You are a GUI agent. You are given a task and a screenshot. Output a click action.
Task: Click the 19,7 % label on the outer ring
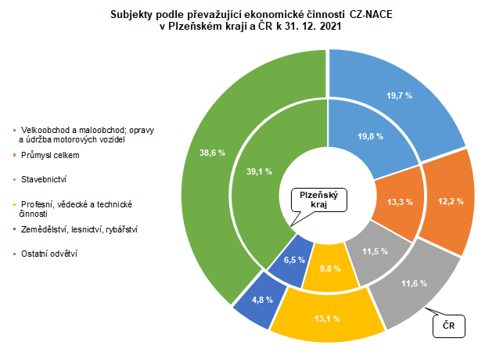point(399,95)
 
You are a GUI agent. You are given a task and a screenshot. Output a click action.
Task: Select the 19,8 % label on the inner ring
point(370,135)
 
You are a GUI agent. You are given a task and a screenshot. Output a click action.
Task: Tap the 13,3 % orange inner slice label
point(400,202)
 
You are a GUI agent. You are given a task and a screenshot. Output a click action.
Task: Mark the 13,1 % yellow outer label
point(328,318)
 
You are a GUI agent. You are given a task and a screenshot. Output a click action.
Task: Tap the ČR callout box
point(450,325)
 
